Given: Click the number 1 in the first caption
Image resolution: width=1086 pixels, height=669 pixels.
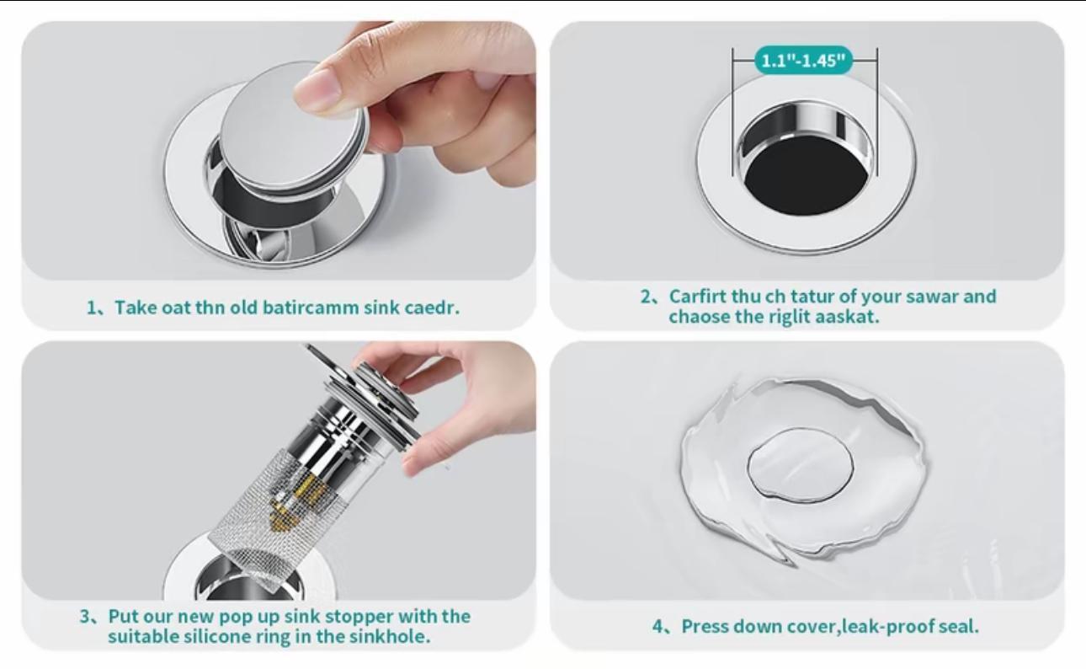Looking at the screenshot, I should (92, 307).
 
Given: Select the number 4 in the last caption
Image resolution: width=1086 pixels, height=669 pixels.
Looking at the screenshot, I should (658, 627).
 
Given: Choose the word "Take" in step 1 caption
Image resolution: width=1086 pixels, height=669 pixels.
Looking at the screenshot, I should (136, 307).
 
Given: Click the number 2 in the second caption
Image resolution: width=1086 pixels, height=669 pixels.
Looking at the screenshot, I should (647, 297).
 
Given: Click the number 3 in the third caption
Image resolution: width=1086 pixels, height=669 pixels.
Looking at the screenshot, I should (85, 617).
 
